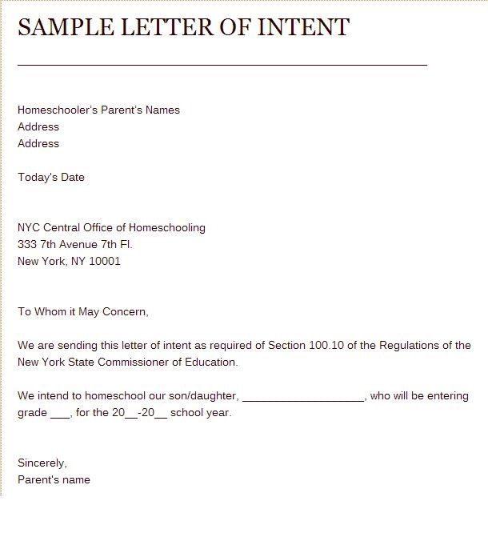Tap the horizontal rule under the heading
(222, 63)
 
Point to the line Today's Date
(51, 177)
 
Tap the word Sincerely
(42, 463)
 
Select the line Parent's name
(54, 479)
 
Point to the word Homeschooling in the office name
(169, 227)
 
